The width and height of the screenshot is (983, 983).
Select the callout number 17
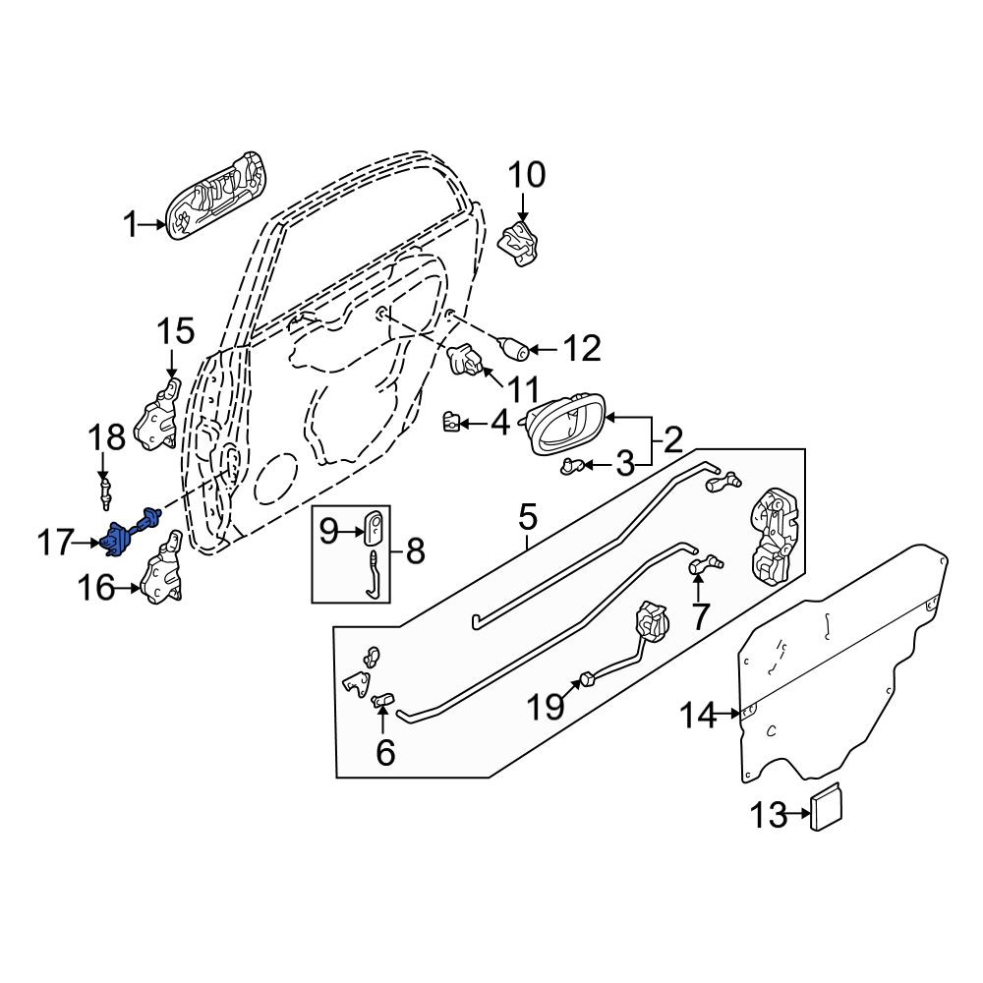click(x=54, y=543)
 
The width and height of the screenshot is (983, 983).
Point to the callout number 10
click(x=527, y=175)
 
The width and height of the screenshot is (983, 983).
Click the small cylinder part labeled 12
click(x=513, y=347)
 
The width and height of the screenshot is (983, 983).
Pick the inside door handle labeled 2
click(x=565, y=423)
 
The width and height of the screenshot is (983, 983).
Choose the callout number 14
click(x=698, y=715)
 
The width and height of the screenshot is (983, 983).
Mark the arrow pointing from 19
click(x=568, y=690)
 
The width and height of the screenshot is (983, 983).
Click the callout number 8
click(x=416, y=551)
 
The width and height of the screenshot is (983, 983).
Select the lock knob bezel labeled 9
click(x=375, y=524)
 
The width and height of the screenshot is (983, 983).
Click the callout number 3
click(x=625, y=465)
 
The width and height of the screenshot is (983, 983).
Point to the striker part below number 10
click(x=518, y=243)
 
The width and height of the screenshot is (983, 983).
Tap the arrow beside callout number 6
click(x=381, y=717)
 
